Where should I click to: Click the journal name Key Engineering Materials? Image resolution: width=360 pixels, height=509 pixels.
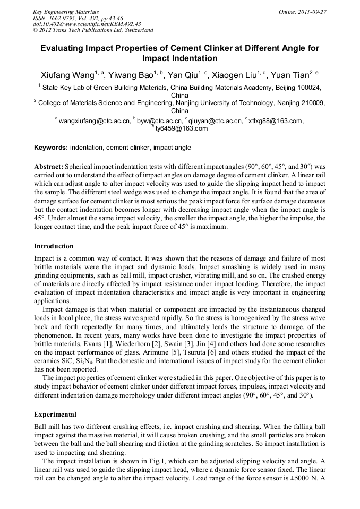[x=66, y=11]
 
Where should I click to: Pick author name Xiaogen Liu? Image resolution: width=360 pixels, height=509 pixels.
[x=237, y=75]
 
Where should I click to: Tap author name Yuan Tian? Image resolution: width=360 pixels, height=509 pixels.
[x=292, y=75]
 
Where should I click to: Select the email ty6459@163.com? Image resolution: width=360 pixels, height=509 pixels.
[x=182, y=128]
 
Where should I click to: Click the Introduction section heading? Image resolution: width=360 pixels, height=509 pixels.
[x=54, y=246]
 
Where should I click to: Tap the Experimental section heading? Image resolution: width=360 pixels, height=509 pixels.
[x=55, y=414]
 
